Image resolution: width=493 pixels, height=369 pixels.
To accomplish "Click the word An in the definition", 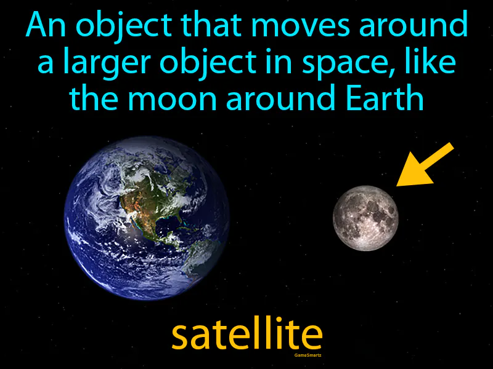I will coord(44,27).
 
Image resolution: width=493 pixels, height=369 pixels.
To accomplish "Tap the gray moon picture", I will coord(365,218).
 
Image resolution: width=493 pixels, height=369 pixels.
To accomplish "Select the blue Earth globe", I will coord(147,218).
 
